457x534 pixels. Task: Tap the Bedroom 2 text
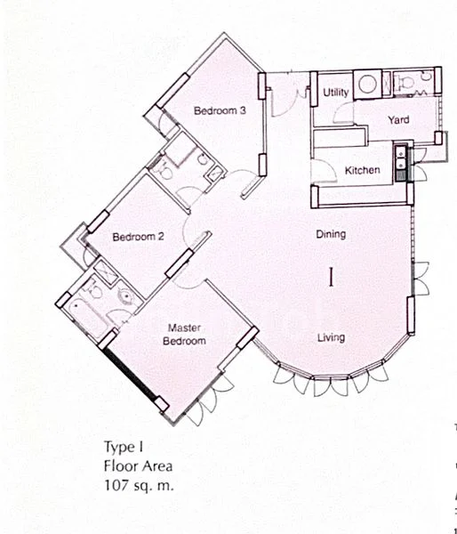pos(138,238)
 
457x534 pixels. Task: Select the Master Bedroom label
pos(187,335)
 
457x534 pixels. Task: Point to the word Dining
pos(331,235)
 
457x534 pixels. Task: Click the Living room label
pos(331,337)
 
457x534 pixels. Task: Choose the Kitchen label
pos(363,170)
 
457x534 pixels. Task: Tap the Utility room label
pos(335,93)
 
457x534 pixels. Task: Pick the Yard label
pos(397,119)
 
